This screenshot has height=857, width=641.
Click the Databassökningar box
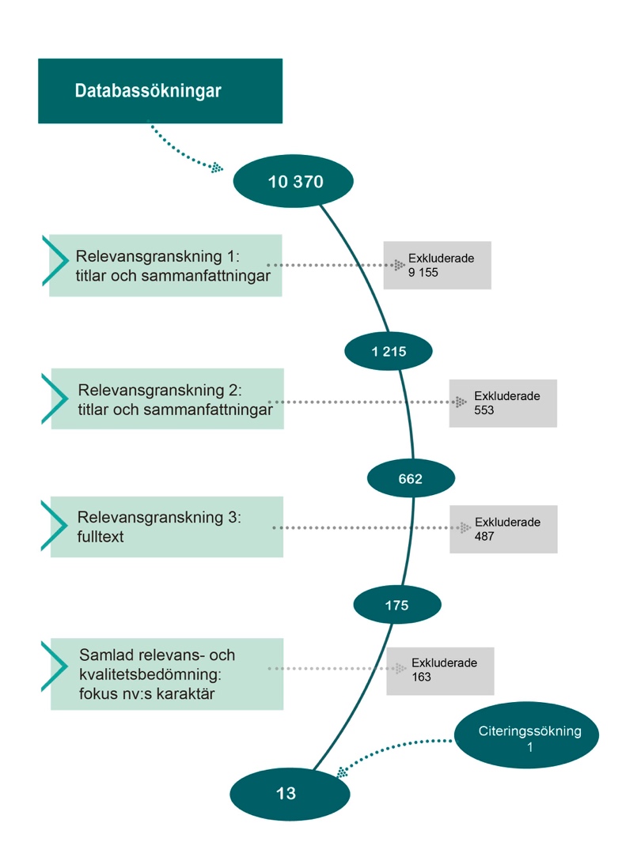pyautogui.click(x=160, y=91)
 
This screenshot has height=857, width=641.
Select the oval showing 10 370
pyautogui.click(x=293, y=181)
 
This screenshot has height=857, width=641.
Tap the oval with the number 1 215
pyautogui.click(x=389, y=351)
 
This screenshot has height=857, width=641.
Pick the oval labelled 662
pyautogui.click(x=411, y=478)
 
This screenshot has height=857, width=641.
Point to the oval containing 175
pyautogui.click(x=397, y=605)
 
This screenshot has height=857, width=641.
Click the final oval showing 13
pyautogui.click(x=290, y=794)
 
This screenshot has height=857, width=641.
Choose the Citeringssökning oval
pyautogui.click(x=527, y=735)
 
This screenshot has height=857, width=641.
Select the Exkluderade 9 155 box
pyautogui.click(x=437, y=265)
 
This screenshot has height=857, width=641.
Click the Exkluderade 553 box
pyautogui.click(x=503, y=403)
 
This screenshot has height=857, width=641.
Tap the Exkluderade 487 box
pyautogui.click(x=504, y=529)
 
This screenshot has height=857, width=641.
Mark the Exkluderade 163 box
pyautogui.click(x=440, y=671)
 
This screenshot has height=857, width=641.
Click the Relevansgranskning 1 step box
pyautogui.click(x=165, y=266)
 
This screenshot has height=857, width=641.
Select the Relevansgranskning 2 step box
pyautogui.click(x=167, y=399)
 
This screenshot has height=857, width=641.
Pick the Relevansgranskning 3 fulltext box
pyautogui.click(x=167, y=527)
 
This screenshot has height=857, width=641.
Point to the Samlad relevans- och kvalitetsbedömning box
pyautogui.click(x=167, y=674)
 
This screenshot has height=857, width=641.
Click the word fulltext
pyautogui.click(x=100, y=537)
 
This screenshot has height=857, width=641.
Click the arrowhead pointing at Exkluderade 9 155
pyautogui.click(x=400, y=265)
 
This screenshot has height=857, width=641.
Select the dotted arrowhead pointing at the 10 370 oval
pyautogui.click(x=218, y=168)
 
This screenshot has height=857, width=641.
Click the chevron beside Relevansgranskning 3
pyautogui.click(x=55, y=526)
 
